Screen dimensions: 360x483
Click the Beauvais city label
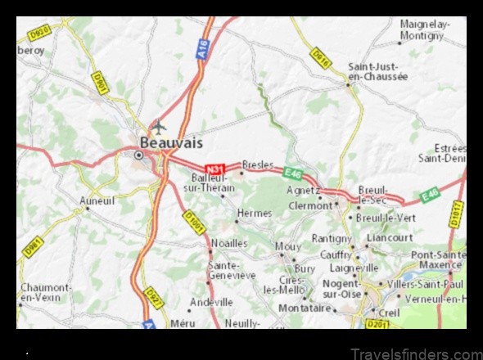(x=165, y=143)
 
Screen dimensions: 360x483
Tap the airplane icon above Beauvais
(x=158, y=126)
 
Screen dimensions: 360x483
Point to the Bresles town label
(x=258, y=164)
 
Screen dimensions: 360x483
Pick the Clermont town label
(x=310, y=206)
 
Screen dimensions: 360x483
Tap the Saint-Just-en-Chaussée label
(x=377, y=71)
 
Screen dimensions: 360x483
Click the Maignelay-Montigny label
(x=422, y=29)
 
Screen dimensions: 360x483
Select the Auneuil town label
(x=97, y=200)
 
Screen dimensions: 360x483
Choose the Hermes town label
(x=254, y=213)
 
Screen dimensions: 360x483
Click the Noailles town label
(x=228, y=243)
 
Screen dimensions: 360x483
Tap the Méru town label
(x=183, y=322)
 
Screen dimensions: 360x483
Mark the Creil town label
(x=389, y=313)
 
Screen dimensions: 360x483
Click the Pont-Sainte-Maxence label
(x=440, y=259)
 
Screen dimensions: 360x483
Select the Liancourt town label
(x=390, y=237)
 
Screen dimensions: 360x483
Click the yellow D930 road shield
(x=39, y=34)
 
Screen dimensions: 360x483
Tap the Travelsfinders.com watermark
(x=414, y=353)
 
